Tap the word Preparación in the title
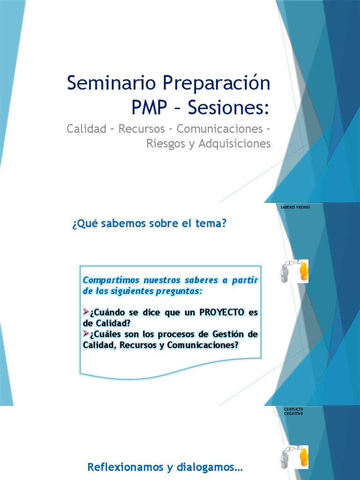tap(217, 83)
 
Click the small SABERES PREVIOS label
tap(295, 207)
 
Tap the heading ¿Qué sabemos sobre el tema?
tap(149, 224)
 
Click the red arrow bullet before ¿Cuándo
tap(86, 312)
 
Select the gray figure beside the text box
tap(285, 273)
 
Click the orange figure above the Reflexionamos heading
tap(303, 457)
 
